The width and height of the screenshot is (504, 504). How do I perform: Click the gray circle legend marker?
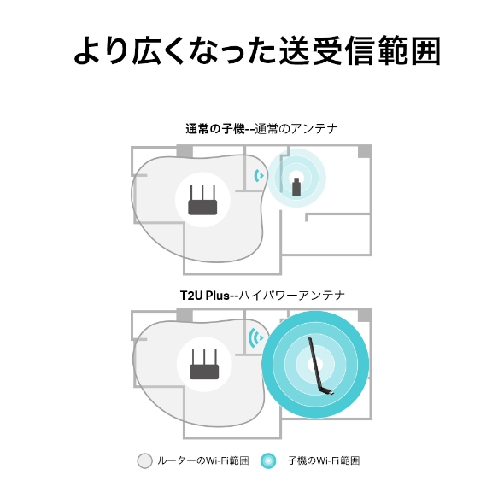[144, 461]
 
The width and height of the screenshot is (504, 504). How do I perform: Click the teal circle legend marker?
[268, 461]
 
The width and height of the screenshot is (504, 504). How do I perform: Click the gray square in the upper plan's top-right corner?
[366, 151]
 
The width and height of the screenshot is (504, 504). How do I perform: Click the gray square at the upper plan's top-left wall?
[184, 151]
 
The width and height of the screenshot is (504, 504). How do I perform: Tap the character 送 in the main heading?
[296, 50]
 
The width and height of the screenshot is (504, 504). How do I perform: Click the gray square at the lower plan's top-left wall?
[185, 314]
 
